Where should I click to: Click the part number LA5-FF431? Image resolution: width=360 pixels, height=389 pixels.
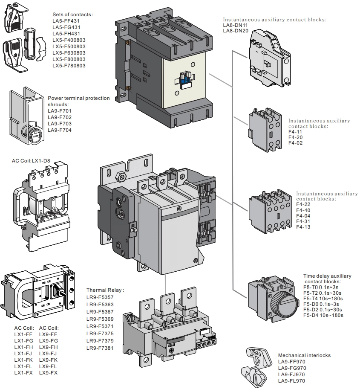[x=66, y=21]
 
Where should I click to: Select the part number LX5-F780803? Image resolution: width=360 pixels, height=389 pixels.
[x=69, y=66]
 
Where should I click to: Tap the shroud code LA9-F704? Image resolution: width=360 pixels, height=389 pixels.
[x=60, y=130]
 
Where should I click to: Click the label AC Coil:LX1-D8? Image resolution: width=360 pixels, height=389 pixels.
[x=32, y=162]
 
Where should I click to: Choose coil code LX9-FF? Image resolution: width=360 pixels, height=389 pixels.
[x=48, y=334]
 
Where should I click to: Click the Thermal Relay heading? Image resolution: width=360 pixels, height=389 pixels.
[x=105, y=290]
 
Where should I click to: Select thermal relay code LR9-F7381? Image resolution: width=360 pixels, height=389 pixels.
[x=100, y=348]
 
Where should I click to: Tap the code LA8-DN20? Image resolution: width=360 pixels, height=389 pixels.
[x=235, y=31]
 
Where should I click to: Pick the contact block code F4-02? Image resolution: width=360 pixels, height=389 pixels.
[x=295, y=143]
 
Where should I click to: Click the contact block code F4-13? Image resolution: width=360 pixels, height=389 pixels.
[x=303, y=227]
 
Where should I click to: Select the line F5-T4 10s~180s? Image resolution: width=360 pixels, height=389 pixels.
[x=323, y=298]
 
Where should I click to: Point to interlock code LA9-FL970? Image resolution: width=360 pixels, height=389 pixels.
[x=291, y=380]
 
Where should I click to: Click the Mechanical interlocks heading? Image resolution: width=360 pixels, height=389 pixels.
[x=304, y=355]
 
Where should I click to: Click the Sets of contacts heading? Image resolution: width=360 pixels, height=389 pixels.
[x=72, y=15]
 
